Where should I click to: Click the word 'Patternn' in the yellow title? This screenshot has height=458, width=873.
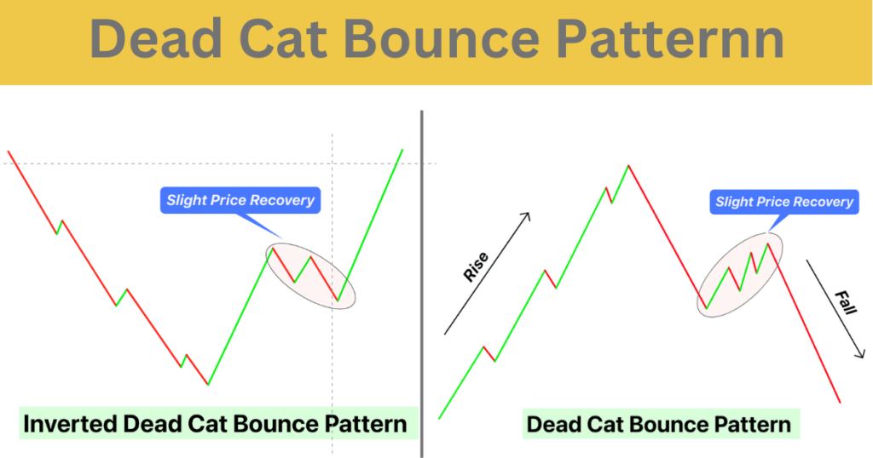click(670, 38)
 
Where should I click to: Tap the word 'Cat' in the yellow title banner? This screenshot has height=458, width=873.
click(282, 38)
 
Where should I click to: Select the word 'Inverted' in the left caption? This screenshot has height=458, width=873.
click(70, 424)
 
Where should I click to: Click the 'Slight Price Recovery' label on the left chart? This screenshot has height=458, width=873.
click(240, 200)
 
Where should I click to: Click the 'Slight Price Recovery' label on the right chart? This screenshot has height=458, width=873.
click(784, 202)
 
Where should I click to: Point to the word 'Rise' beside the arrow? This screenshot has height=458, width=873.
click(476, 266)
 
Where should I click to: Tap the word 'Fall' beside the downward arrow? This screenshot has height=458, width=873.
click(845, 302)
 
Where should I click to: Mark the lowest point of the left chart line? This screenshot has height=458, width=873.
click(208, 384)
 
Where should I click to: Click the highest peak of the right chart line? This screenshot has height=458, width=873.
click(628, 166)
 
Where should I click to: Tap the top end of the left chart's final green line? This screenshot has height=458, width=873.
click(402, 150)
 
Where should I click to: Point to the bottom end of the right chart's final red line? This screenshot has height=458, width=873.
click(840, 402)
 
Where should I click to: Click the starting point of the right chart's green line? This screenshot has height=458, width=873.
click(439, 418)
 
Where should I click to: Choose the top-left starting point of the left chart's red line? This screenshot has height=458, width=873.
click(9, 152)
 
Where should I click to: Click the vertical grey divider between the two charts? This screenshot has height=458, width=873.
click(421, 284)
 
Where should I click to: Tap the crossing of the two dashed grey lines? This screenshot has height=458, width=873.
click(332, 163)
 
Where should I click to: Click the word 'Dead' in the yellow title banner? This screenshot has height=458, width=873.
click(157, 38)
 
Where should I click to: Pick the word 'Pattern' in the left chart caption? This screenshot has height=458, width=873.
click(366, 424)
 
